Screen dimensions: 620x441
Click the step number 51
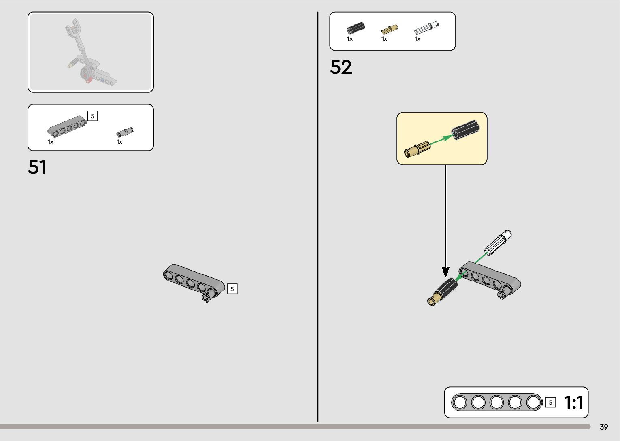(x=37, y=167)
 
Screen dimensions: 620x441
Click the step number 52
(x=341, y=67)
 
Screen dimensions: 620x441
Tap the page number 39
(x=604, y=427)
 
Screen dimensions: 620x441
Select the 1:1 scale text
(x=573, y=403)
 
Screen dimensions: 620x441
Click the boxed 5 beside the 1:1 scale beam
(x=550, y=403)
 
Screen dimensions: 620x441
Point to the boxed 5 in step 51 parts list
(x=92, y=116)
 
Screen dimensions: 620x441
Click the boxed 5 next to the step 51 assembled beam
(x=232, y=289)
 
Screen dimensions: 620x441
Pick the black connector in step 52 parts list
(x=356, y=28)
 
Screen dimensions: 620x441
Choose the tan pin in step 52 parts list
(x=389, y=30)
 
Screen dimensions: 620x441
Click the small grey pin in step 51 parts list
(x=125, y=132)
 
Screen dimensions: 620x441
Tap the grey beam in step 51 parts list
(x=67, y=126)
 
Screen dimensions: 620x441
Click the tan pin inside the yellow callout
(x=416, y=149)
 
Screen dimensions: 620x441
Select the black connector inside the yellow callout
(x=466, y=130)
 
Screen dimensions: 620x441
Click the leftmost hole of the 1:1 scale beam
(x=460, y=403)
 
